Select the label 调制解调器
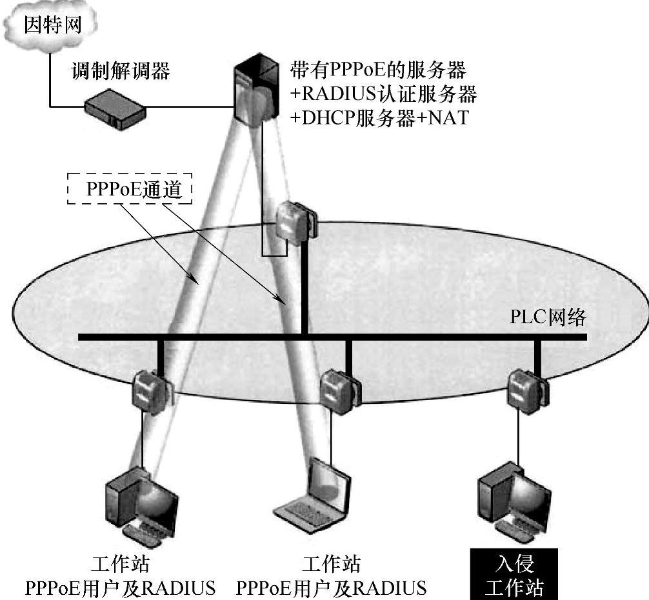tap(121, 71)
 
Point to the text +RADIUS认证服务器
tap(383, 94)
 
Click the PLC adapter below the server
tap(295, 223)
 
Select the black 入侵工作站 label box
tap(513, 576)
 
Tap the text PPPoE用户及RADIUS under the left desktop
tap(120, 588)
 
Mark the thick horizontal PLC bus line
tap(419, 337)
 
